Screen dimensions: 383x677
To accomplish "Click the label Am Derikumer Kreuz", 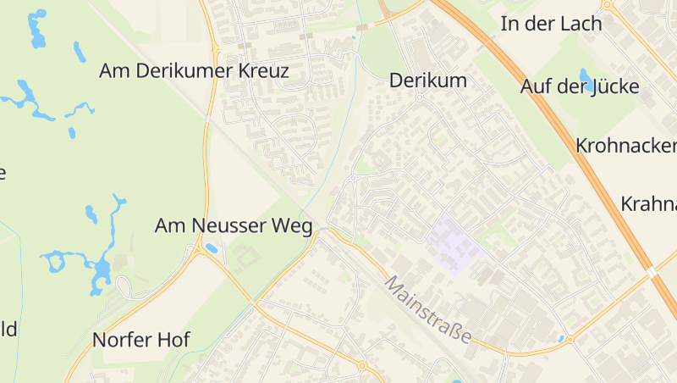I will pyautogui.click(x=194, y=71).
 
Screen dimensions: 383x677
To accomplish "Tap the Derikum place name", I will pyautogui.click(x=428, y=81).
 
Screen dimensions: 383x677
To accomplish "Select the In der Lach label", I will pyautogui.click(x=551, y=24).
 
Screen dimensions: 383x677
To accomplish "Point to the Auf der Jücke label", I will pyautogui.click(x=580, y=86).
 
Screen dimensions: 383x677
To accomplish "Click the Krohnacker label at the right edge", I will pyautogui.click(x=626, y=145).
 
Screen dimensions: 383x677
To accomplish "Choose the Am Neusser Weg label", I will pyautogui.click(x=234, y=226).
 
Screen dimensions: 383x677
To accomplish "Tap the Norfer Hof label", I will pyautogui.click(x=140, y=341).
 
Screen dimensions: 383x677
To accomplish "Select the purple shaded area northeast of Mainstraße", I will pyautogui.click(x=454, y=243).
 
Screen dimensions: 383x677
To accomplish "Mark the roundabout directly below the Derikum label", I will pyautogui.click(x=419, y=97).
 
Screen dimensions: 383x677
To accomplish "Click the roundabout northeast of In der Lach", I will pyautogui.click(x=608, y=4).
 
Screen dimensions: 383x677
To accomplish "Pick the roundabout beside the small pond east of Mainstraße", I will pyautogui.click(x=570, y=339).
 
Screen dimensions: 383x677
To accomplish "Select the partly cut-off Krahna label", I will pyautogui.click(x=649, y=204).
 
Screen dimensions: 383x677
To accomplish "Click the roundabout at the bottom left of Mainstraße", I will pyautogui.click(x=362, y=367).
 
